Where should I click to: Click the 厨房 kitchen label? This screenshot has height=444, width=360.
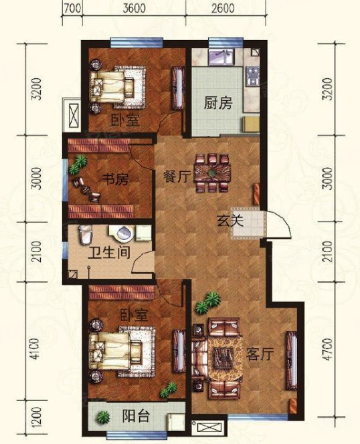[218, 103]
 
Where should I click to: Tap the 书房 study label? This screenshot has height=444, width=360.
[115, 179]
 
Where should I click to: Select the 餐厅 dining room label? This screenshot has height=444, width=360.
[176, 177]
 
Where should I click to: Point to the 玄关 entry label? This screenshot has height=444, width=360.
[230, 221]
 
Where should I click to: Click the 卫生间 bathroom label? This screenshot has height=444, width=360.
[109, 252]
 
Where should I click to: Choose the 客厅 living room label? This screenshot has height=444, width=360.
[260, 354]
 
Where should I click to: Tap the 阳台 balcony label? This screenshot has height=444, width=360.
[136, 416]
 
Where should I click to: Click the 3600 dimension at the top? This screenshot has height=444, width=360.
[134, 8]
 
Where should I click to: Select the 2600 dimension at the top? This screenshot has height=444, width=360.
[223, 8]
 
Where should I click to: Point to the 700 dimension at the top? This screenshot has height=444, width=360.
[72, 8]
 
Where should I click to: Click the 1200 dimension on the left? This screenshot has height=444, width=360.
[36, 417]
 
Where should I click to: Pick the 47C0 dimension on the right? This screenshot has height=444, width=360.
[328, 350]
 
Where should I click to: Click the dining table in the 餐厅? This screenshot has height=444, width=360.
[212, 173]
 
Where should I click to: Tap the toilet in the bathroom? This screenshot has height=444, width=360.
[86, 234]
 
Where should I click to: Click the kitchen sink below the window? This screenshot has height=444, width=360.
[221, 56]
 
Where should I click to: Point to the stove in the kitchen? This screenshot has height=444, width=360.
[252, 76]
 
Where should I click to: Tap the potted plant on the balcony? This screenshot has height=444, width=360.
[103, 417]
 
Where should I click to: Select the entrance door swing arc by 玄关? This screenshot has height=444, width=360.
[284, 221]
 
